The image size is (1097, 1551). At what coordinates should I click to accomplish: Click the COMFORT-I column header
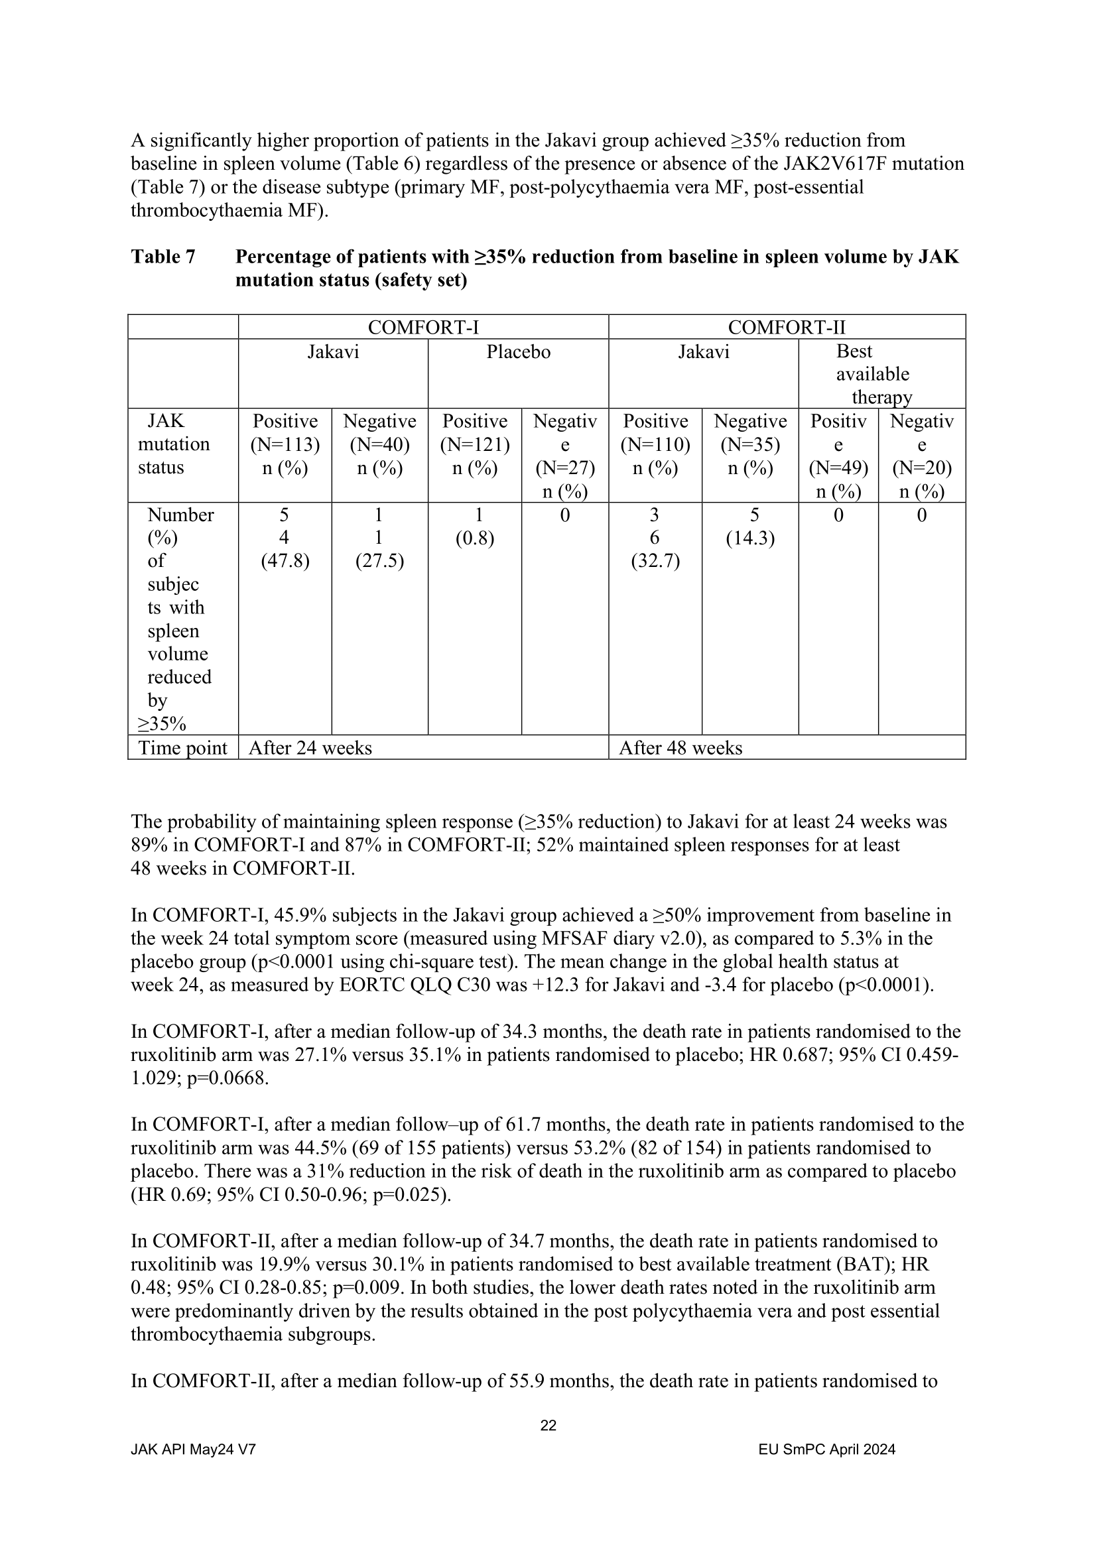pyautogui.click(x=423, y=328)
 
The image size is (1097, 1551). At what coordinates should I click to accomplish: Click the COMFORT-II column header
pyautogui.click(x=787, y=328)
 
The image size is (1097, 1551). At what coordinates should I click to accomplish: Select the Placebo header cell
pyautogui.click(x=518, y=352)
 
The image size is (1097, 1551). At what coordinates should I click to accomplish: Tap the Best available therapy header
pyautogui.click(x=873, y=374)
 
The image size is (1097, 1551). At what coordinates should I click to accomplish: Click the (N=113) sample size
pyautogui.click(x=285, y=444)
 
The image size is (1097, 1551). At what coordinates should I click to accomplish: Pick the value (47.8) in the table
pyautogui.click(x=285, y=561)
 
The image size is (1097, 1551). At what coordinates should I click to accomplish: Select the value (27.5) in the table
pyautogui.click(x=379, y=561)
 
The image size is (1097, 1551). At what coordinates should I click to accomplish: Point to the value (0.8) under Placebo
pyautogui.click(x=474, y=538)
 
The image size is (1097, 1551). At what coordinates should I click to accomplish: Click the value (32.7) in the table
pyautogui.click(x=655, y=561)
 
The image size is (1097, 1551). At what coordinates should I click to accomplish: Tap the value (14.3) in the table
pyautogui.click(x=750, y=538)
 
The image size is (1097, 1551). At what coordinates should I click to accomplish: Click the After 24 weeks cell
pyautogui.click(x=310, y=748)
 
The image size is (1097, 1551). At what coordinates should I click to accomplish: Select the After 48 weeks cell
pyautogui.click(x=680, y=748)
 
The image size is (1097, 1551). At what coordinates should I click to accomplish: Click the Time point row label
pyautogui.click(x=182, y=748)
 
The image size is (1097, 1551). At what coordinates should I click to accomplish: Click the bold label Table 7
pyautogui.click(x=162, y=257)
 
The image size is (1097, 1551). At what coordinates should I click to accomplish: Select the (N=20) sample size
pyautogui.click(x=921, y=467)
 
